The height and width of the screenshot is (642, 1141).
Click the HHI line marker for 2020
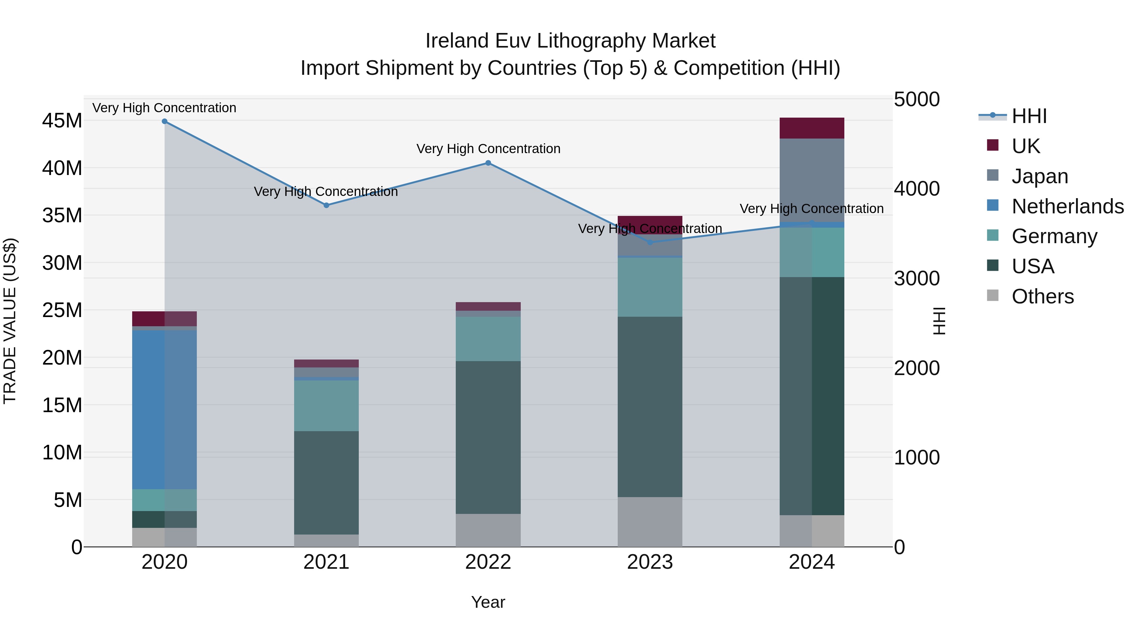point(164,121)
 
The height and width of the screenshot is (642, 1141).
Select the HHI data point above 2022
point(488,163)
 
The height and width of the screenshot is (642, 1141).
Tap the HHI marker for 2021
point(326,205)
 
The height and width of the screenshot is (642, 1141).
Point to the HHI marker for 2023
point(650,242)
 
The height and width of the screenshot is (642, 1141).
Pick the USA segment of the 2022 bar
point(488,437)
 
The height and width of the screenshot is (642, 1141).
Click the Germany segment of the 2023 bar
point(650,287)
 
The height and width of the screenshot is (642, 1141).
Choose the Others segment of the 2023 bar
point(650,522)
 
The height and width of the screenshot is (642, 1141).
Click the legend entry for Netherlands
point(1067,206)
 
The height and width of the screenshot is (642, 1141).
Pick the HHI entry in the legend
point(1029,116)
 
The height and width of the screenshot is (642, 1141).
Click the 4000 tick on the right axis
point(916,189)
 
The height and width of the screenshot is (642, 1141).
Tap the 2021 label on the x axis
point(326,562)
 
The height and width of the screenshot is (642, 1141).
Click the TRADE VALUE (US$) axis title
point(10,321)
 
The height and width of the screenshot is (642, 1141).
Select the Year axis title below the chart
point(488,602)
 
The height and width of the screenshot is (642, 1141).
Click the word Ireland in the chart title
point(457,41)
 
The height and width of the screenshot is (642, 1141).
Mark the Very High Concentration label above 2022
point(488,149)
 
